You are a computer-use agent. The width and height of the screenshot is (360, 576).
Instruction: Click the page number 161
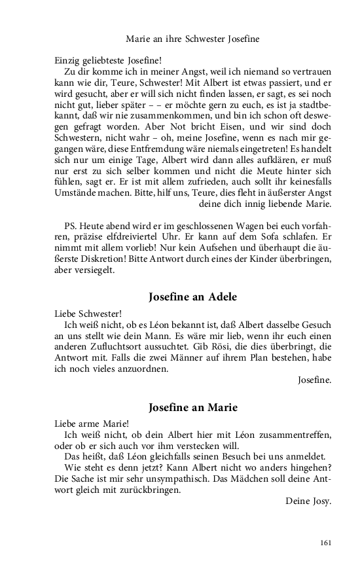point(325,542)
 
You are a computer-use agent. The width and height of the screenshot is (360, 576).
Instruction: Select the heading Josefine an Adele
point(192,297)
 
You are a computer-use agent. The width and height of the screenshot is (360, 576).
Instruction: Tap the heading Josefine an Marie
point(192,407)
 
